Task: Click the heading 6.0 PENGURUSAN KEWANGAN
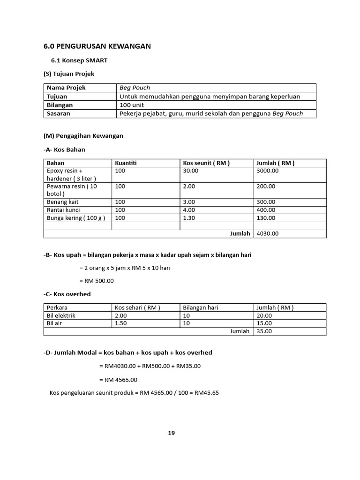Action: [x=97, y=46]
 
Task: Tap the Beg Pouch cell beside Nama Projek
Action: [x=135, y=88]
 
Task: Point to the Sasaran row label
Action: [x=59, y=113]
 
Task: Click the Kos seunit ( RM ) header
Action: [x=206, y=163]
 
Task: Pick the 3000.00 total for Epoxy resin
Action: [x=268, y=171]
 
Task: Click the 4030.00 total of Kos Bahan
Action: [x=268, y=233]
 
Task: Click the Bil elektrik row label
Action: [x=61, y=316]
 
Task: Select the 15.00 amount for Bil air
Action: [x=264, y=323]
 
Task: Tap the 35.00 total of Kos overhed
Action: [x=264, y=331]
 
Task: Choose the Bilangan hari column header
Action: [x=201, y=308]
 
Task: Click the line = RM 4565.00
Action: [x=118, y=380]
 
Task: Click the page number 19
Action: [x=172, y=433]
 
